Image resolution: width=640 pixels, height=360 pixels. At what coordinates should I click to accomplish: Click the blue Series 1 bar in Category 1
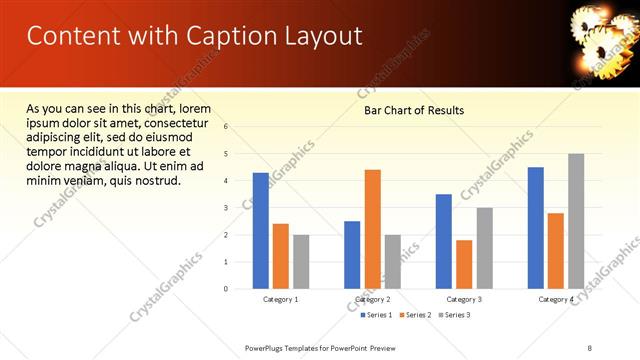261,231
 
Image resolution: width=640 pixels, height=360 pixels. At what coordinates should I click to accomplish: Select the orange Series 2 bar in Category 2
372,229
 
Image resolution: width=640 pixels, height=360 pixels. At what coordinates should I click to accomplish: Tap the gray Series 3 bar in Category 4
576,221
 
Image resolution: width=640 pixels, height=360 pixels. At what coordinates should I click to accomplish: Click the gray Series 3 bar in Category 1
301,262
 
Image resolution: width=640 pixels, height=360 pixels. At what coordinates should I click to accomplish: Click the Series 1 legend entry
377,315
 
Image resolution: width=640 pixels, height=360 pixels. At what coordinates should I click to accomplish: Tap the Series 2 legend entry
417,315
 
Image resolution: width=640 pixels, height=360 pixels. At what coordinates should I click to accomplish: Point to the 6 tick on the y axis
226,127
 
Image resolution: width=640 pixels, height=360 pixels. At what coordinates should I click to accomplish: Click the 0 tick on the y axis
226,289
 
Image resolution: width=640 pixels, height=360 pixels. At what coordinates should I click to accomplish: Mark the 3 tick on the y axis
226,208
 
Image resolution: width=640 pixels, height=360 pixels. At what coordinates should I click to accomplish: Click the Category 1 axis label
281,300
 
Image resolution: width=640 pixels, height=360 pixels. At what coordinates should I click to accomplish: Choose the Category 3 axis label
463,300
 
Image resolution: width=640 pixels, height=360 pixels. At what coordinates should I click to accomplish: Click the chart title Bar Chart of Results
413,110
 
